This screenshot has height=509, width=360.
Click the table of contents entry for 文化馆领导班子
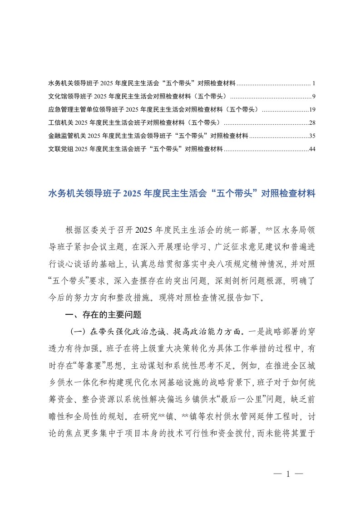[x=138, y=97]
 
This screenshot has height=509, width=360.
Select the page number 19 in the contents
[x=312, y=110]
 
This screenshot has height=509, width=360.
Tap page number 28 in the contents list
[x=312, y=123]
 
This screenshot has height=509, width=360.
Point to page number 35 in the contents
[x=312, y=136]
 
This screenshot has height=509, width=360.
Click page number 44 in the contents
[x=312, y=149]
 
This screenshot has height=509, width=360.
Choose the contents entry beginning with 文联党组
[x=135, y=149]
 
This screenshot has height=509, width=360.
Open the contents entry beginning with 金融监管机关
[x=148, y=136]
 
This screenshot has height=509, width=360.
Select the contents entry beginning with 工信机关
[x=134, y=123]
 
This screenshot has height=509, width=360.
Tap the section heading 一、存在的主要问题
[x=104, y=314]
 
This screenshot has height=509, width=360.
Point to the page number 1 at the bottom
[x=288, y=474]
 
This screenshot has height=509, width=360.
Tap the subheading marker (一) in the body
[x=77, y=330]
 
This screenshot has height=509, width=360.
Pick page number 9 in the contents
[x=313, y=97]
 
